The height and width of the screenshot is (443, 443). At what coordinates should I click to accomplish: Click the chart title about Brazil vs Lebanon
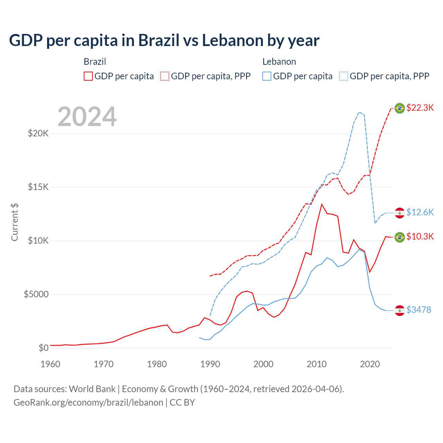[164, 40]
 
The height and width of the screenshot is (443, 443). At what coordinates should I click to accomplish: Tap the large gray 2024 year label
[87, 117]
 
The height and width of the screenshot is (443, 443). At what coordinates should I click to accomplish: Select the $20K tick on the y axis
[38, 133]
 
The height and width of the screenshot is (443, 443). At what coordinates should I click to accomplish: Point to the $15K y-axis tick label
[38, 187]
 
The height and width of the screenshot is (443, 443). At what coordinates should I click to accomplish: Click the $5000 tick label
[36, 294]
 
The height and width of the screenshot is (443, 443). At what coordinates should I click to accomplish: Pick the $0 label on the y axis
[43, 348]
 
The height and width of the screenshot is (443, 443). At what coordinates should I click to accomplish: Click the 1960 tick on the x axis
[50, 364]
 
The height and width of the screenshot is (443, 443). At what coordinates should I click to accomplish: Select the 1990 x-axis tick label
[210, 364]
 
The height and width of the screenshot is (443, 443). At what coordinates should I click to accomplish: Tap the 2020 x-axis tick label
[370, 364]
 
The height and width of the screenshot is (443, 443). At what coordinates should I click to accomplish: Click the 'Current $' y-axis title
[15, 222]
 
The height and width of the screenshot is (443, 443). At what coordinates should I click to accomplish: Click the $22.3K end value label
[420, 108]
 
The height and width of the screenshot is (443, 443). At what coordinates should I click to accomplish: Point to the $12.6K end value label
[420, 212]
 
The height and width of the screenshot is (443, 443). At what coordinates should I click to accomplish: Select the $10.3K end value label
[420, 236]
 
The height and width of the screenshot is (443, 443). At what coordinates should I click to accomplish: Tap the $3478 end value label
[418, 310]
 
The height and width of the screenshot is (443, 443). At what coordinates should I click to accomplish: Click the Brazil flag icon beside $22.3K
[400, 108]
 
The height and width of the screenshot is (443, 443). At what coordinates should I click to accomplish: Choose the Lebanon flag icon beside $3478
[400, 310]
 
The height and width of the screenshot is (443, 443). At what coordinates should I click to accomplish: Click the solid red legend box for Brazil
[88, 76]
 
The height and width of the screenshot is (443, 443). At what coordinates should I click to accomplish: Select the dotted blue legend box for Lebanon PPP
[344, 76]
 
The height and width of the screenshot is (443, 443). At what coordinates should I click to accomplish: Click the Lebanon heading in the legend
[279, 62]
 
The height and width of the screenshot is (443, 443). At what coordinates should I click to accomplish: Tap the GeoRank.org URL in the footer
[88, 403]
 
